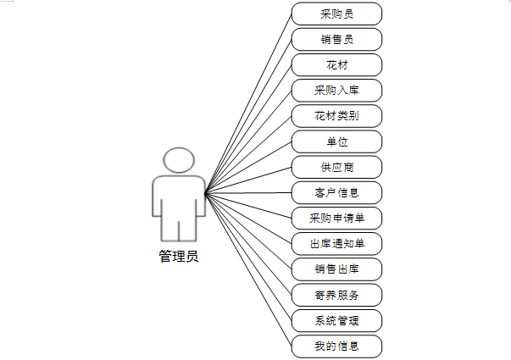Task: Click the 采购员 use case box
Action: pyautogui.click(x=336, y=14)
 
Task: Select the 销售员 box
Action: pyautogui.click(x=336, y=40)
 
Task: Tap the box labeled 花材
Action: pyautogui.click(x=336, y=65)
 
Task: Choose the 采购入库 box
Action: pyautogui.click(x=336, y=91)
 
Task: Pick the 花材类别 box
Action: pyautogui.click(x=336, y=116)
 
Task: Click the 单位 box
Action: pyautogui.click(x=336, y=141)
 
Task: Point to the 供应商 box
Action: pyautogui.click(x=336, y=167)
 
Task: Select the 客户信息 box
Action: pyautogui.click(x=336, y=193)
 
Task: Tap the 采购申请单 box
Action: pyautogui.click(x=336, y=219)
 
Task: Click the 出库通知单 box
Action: pyautogui.click(x=336, y=244)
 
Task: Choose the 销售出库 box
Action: pyautogui.click(x=336, y=269)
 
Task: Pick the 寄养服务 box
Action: pyautogui.click(x=336, y=295)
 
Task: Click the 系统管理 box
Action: pyautogui.click(x=336, y=320)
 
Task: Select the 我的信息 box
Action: pyautogui.click(x=336, y=346)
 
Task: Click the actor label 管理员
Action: pyautogui.click(x=179, y=257)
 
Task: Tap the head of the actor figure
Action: pyautogui.click(x=179, y=161)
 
